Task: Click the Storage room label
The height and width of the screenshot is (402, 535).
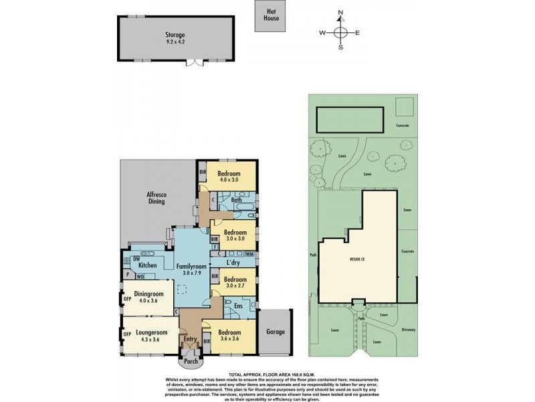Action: click(176, 34)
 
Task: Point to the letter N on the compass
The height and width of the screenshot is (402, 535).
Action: click(340, 12)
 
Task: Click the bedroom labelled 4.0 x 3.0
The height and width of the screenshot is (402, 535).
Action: click(230, 176)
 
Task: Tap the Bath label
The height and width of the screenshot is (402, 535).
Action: click(236, 200)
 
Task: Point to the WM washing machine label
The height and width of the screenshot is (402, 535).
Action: click(249, 255)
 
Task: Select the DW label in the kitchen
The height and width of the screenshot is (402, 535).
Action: click(135, 258)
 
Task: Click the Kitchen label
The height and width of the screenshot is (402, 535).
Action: click(147, 266)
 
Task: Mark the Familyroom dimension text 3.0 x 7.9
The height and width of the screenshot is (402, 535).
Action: click(190, 273)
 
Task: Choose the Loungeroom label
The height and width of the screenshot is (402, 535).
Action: click(150, 332)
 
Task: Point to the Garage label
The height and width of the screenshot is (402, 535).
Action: click(276, 332)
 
